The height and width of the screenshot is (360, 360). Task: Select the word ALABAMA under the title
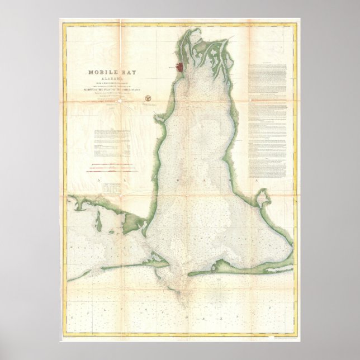(x=115, y=79)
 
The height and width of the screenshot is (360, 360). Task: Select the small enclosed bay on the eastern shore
(x=260, y=198)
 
